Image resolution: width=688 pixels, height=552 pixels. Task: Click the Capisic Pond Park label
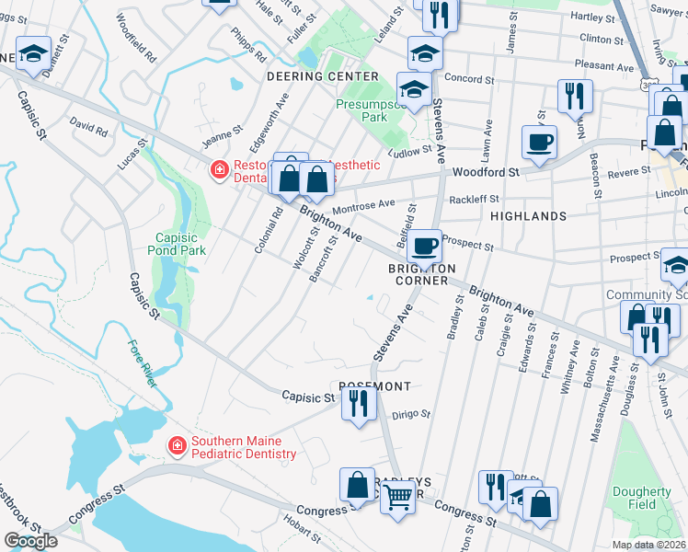click(x=176, y=242)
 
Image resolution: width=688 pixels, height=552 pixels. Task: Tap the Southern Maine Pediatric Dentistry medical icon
click(x=176, y=446)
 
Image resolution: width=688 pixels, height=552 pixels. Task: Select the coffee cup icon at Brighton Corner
click(x=425, y=246)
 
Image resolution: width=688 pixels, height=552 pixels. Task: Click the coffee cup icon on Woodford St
click(x=539, y=142)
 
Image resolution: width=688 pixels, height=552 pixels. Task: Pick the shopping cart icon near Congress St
click(x=397, y=498)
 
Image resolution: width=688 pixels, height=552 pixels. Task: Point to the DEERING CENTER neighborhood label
click(x=322, y=76)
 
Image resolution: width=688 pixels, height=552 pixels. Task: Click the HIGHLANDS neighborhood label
click(x=528, y=216)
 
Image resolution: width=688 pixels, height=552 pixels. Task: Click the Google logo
click(x=30, y=541)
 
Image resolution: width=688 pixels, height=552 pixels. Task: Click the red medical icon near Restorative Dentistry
click(x=219, y=170)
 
